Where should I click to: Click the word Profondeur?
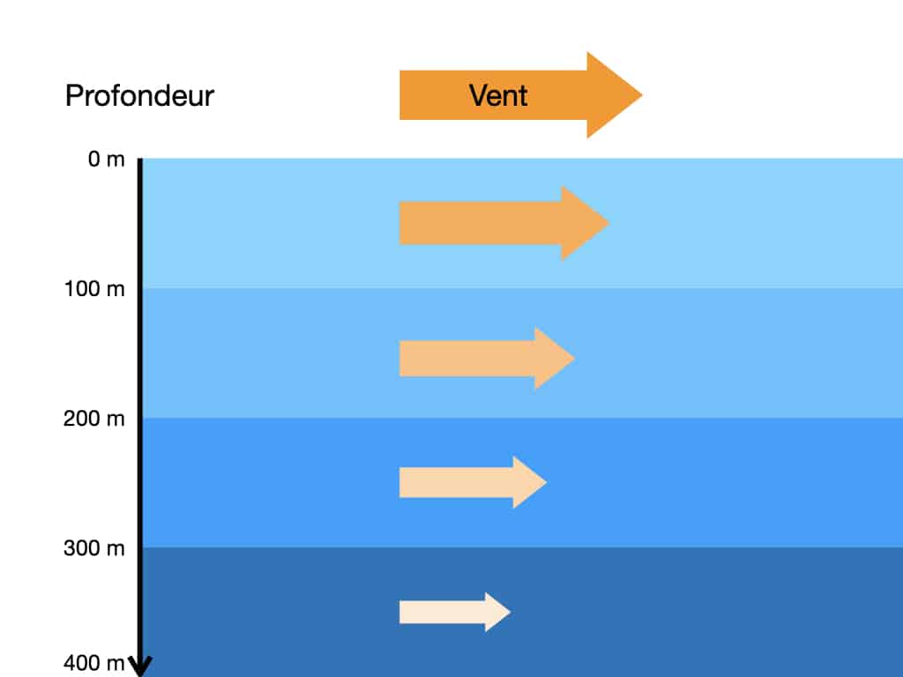[x=139, y=95]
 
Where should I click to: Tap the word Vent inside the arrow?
[x=498, y=95]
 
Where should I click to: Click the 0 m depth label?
[x=107, y=160]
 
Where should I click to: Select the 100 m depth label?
[x=94, y=289]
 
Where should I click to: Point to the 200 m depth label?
[x=94, y=419]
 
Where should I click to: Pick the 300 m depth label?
[x=94, y=548]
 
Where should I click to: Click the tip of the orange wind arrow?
[x=640, y=95]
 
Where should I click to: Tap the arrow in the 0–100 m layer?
[x=494, y=223]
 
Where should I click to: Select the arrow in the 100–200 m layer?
[x=476, y=358]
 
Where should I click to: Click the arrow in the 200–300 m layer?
[x=463, y=482]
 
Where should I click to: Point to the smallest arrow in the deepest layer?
[x=450, y=612]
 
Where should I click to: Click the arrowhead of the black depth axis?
[x=141, y=666]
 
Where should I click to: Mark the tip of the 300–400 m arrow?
[x=509, y=612]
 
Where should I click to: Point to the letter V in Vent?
[x=478, y=95]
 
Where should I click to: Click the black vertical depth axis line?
[x=140, y=397]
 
